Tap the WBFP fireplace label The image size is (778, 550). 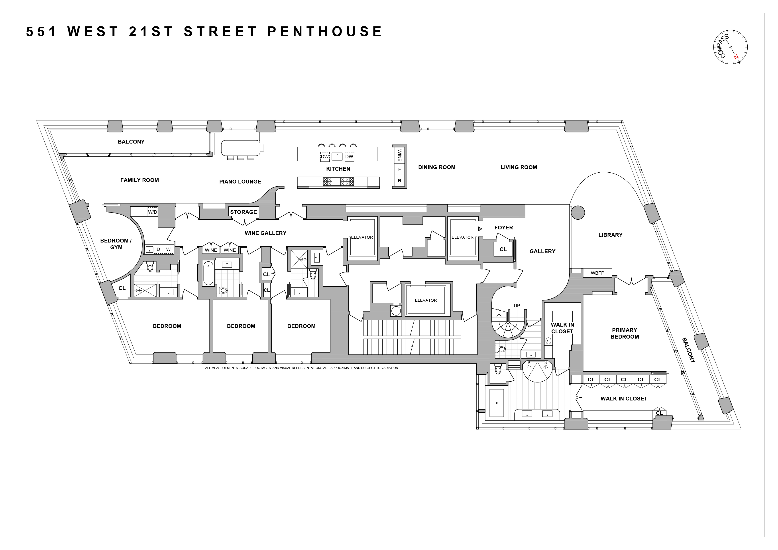coord(597,273)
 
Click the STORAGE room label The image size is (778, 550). coord(243,212)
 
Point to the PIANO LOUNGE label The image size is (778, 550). coord(240,182)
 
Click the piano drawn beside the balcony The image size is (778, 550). coord(241,148)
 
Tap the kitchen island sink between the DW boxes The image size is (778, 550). coord(337,156)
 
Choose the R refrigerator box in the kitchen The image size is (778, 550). coord(399,181)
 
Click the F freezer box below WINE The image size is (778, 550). coord(399,169)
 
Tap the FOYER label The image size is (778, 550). coord(503,227)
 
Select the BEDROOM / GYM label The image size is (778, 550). coord(116,244)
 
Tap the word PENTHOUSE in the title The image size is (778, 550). coord(325,32)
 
